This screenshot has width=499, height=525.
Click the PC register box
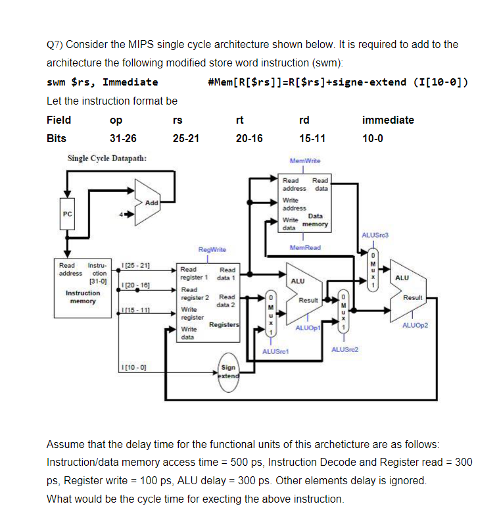(x=66, y=214)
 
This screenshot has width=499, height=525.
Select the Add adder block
(x=151, y=202)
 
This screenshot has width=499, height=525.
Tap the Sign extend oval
(x=228, y=373)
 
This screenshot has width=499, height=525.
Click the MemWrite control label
(x=304, y=161)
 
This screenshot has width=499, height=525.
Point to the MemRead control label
(x=305, y=247)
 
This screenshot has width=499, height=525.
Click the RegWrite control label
(x=212, y=249)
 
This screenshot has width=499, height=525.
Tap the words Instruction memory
(x=83, y=297)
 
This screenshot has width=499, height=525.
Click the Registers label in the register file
(x=224, y=325)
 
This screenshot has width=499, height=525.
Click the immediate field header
(x=388, y=120)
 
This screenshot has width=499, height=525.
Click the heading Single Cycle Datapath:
(x=107, y=159)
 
